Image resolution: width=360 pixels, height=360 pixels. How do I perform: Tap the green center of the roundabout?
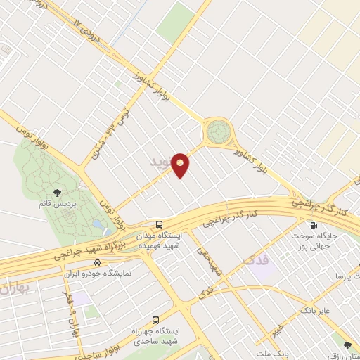click(217, 131)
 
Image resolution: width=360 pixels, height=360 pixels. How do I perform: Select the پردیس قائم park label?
click(58, 204)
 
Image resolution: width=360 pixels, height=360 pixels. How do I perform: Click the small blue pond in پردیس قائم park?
click(96, 223)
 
